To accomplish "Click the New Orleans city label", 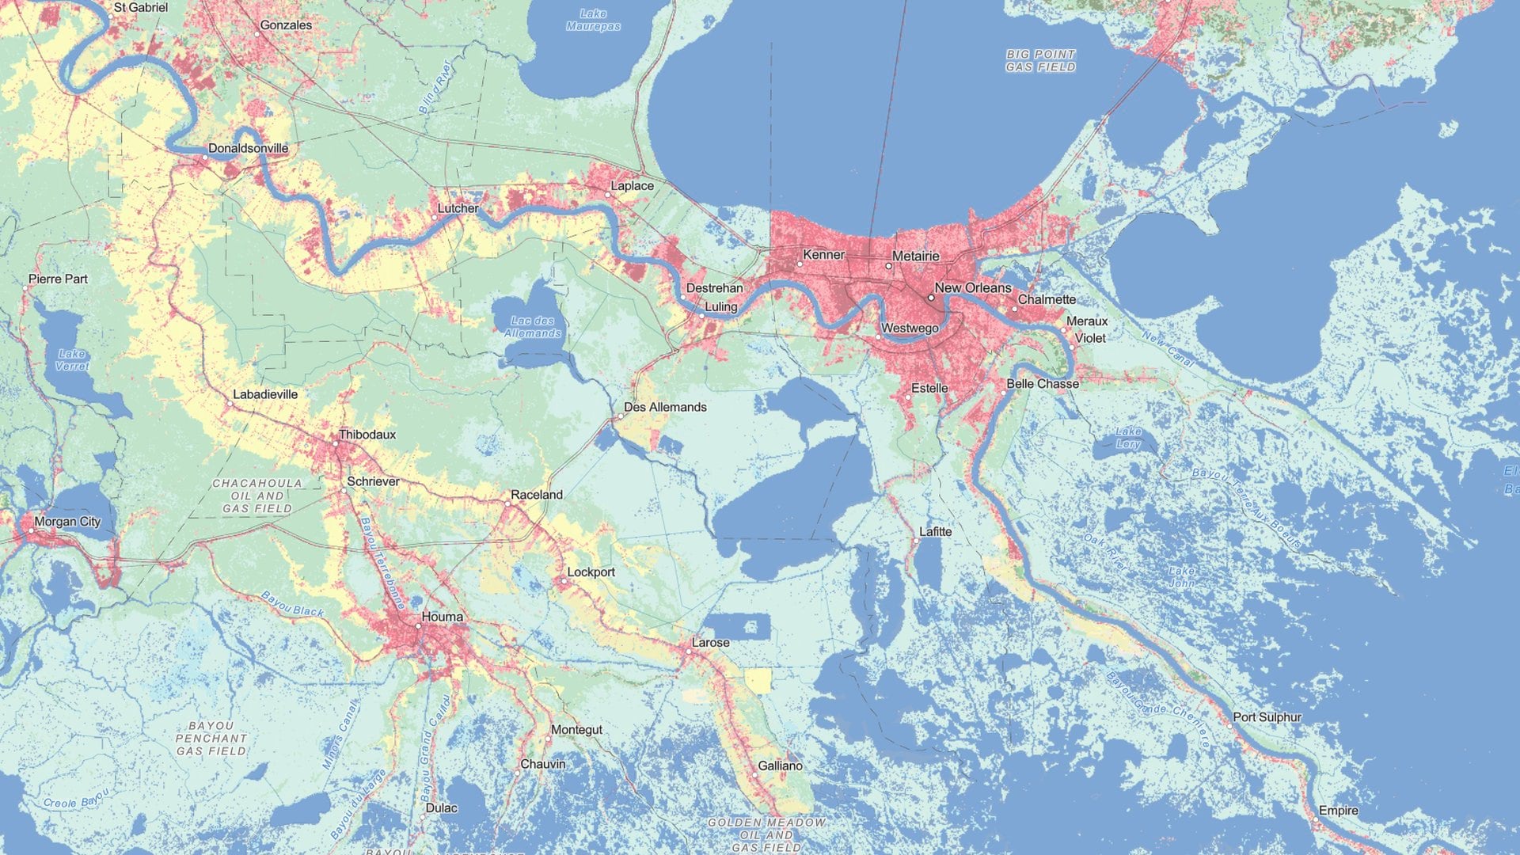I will point(973,288).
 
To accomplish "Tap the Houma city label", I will point(443,617).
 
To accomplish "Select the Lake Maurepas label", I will point(593,20).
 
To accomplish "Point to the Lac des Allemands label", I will point(532,327).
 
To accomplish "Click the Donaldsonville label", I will point(248,148).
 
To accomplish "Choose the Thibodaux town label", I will point(367,435).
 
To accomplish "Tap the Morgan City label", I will point(67,522).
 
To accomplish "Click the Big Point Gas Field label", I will point(1040,61).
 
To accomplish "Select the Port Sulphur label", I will point(1267,717).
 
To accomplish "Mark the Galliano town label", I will point(780,766).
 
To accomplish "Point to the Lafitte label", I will point(935,532).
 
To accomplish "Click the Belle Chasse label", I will point(1043,384).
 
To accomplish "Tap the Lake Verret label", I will point(72,360).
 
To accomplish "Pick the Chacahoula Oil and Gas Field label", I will point(257,496).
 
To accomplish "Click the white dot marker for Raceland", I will point(508,503).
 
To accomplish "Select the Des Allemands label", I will point(665,407).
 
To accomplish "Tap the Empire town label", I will point(1338,811).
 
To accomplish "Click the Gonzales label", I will point(286,25).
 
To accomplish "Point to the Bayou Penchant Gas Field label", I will point(211,738).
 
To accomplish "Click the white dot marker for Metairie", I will point(888,266).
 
